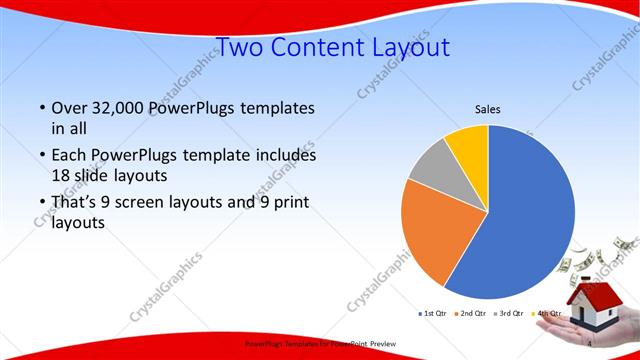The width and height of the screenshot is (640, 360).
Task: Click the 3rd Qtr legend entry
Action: [508, 314]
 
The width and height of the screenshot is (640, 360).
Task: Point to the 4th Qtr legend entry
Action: [546, 314]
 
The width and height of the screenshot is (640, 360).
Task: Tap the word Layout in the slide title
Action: [408, 47]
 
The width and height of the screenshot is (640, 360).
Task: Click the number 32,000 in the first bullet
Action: [115, 107]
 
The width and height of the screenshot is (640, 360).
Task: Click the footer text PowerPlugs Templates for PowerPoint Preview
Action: [320, 343]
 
